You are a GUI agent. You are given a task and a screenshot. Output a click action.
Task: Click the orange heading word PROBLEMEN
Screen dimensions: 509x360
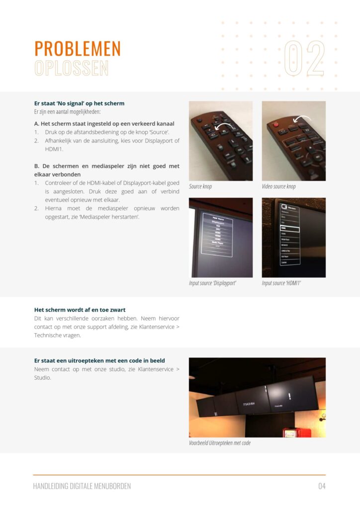(x=78, y=49)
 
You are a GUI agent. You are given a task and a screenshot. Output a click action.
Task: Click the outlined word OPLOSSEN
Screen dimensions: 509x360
(x=71, y=68)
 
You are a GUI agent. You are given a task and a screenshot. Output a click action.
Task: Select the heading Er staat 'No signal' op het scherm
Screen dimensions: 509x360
(x=79, y=103)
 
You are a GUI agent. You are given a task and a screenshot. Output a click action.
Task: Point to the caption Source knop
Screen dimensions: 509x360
(x=200, y=186)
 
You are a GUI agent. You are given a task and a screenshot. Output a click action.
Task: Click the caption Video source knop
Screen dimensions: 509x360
(x=278, y=186)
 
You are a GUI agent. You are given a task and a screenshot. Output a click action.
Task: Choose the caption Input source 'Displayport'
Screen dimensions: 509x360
(x=212, y=283)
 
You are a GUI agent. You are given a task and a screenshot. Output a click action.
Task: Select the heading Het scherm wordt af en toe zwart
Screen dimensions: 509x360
(x=79, y=310)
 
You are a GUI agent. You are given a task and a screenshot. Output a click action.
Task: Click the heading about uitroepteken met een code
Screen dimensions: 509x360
(x=99, y=360)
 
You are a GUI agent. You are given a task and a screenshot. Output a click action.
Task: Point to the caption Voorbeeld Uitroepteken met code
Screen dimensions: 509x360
(x=219, y=443)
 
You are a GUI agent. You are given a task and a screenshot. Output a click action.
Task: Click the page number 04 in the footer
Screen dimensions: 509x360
(x=322, y=486)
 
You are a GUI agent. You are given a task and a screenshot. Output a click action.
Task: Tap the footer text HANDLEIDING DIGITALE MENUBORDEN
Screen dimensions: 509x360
(x=82, y=486)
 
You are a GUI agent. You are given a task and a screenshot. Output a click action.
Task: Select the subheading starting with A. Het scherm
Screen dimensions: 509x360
(x=104, y=123)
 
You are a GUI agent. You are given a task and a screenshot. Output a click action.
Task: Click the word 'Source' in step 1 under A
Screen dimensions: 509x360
(x=159, y=132)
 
